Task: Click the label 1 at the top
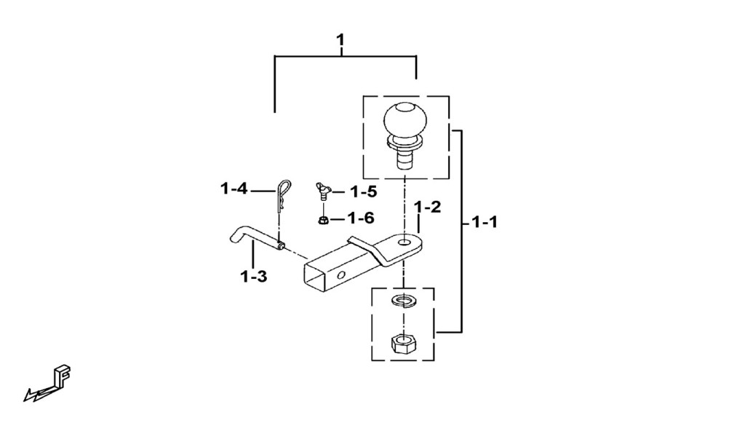[x=340, y=39]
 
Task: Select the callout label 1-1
[x=484, y=222]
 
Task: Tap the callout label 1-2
[x=427, y=207]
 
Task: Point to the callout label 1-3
[x=253, y=276]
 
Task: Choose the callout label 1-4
[x=234, y=189]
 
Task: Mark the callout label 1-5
[x=364, y=191]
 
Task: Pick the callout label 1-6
[x=361, y=218]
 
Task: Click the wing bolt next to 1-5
[x=322, y=190]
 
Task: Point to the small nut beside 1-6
[x=323, y=220]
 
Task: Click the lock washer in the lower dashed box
[x=403, y=301]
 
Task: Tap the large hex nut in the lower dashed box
[x=403, y=343]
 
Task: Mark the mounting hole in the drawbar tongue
[x=405, y=242]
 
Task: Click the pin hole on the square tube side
[x=342, y=275]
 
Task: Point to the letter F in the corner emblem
[x=63, y=376]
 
